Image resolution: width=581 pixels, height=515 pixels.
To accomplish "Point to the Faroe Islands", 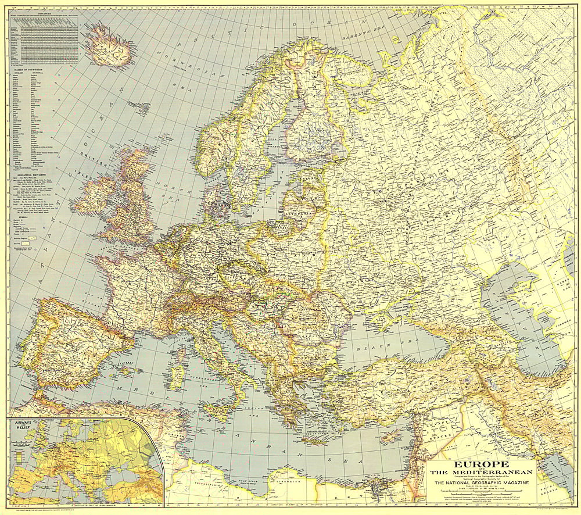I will pos(138,106).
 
